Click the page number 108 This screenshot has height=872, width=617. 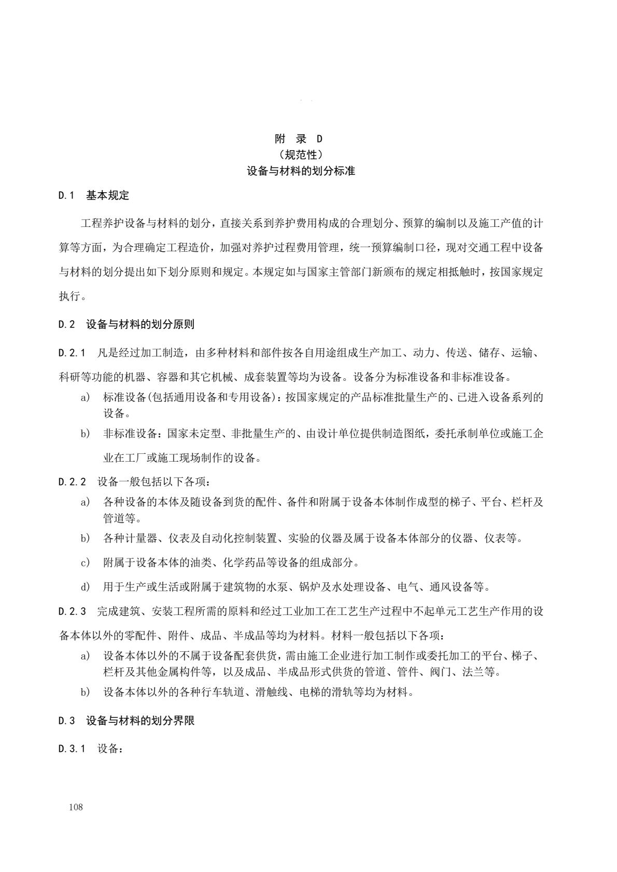(x=76, y=807)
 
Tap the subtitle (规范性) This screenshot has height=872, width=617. (x=301, y=154)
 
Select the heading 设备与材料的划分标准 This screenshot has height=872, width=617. (x=301, y=170)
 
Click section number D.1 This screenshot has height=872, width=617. (x=66, y=196)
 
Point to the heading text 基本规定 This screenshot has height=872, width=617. (x=107, y=196)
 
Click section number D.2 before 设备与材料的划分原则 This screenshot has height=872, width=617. (x=66, y=325)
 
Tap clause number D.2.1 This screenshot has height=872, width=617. (x=72, y=353)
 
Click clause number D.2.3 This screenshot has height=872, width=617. (x=72, y=611)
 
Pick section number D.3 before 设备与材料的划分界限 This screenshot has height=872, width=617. (x=66, y=721)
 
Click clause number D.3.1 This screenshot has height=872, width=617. (x=72, y=749)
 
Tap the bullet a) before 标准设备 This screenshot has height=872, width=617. (x=85, y=398)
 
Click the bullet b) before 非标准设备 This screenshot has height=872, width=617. (x=85, y=434)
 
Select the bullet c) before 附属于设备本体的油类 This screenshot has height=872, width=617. (x=85, y=563)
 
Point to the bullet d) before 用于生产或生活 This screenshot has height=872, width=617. (x=85, y=587)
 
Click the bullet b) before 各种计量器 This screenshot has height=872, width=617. (x=85, y=538)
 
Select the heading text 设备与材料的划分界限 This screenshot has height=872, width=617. (x=140, y=721)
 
